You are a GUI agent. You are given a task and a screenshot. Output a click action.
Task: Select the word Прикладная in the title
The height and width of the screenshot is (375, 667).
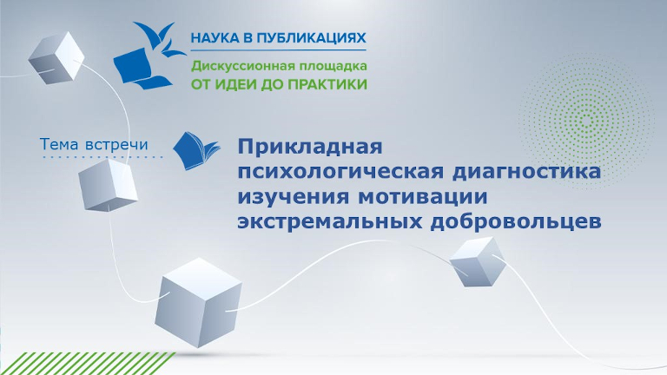pyautogui.click(x=310, y=145)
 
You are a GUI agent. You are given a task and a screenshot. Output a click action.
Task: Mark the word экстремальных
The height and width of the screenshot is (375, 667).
pyautogui.click(x=331, y=221)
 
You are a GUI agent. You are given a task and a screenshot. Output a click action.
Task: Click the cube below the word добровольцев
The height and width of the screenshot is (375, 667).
pyautogui.click(x=476, y=261)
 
